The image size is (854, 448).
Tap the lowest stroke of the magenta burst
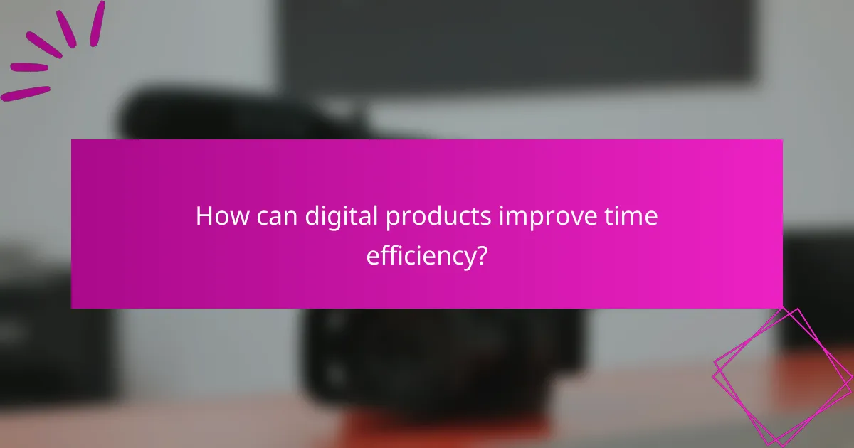pos(26,93)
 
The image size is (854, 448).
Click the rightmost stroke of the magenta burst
pos(97,23)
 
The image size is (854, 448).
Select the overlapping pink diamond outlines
pos(783,373)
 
